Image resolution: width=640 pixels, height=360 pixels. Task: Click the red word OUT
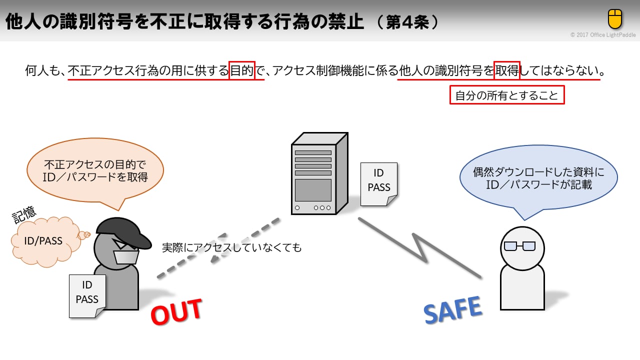(176, 311)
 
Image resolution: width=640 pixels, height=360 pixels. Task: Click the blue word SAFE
(453, 308)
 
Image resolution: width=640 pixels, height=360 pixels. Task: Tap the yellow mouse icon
(614, 19)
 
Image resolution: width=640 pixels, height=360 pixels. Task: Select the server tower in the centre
(318, 173)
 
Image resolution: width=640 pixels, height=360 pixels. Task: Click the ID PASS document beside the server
(379, 183)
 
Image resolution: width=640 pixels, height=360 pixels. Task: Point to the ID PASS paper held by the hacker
(87, 295)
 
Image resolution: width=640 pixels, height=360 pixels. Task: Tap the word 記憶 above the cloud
(24, 213)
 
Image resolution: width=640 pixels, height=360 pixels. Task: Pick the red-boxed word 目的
(242, 71)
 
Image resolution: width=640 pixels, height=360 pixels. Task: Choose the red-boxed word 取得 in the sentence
(507, 71)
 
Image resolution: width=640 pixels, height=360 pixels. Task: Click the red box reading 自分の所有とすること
(507, 95)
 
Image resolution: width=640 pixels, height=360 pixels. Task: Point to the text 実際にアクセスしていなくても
(232, 247)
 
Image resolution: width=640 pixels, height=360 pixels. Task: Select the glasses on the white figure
(519, 246)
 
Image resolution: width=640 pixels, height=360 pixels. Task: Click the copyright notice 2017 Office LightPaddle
(602, 35)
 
